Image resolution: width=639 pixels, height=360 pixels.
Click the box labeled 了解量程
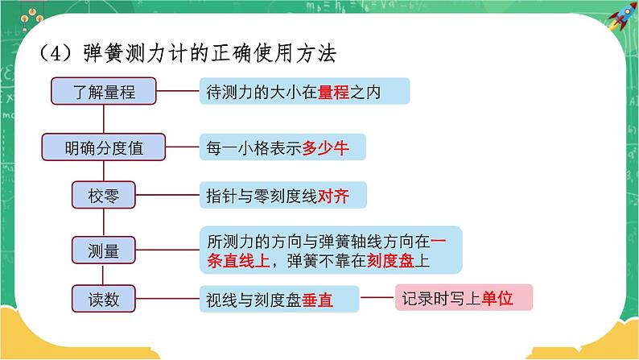click(x=104, y=91)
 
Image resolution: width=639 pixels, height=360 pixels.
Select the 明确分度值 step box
click(x=104, y=147)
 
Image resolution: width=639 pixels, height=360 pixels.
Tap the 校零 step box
click(x=104, y=195)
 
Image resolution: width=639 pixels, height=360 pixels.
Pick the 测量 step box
click(x=104, y=250)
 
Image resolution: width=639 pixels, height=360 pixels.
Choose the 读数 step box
click(x=104, y=299)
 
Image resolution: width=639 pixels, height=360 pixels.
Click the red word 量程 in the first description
click(x=333, y=92)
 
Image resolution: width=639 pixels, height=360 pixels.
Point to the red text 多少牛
click(x=325, y=147)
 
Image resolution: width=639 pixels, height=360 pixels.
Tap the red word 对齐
click(x=333, y=196)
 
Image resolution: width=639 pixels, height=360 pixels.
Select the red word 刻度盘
click(x=390, y=260)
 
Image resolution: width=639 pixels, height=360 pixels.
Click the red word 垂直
click(x=317, y=300)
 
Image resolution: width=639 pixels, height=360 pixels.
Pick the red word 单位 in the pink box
click(x=497, y=299)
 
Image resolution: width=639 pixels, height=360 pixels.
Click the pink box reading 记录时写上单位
click(x=464, y=298)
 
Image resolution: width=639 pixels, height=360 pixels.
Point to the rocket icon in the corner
click(x=622, y=16)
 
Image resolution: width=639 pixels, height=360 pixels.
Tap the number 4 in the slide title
click(x=55, y=54)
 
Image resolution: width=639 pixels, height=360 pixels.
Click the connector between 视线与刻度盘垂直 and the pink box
click(x=377, y=297)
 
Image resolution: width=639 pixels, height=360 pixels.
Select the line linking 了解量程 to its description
click(x=178, y=90)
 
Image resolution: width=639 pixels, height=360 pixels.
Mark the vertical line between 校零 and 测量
click(x=104, y=222)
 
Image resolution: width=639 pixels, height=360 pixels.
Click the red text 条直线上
click(x=238, y=260)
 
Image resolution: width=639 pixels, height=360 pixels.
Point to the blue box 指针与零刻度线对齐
click(x=282, y=195)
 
